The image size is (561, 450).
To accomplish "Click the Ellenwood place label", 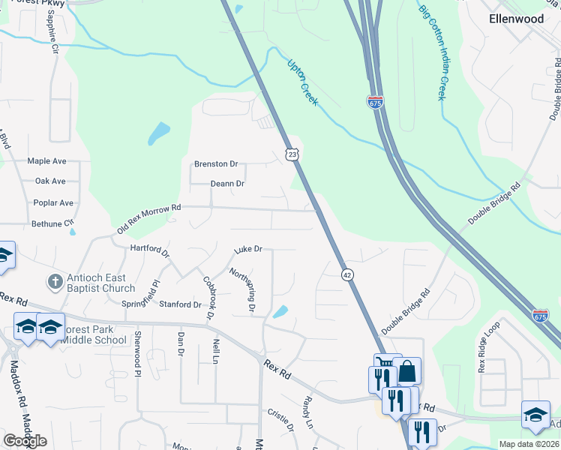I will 515,19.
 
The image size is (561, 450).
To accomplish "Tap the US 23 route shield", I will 292,154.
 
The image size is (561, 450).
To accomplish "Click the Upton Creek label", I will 302,82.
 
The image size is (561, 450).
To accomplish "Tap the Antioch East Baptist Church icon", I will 54,282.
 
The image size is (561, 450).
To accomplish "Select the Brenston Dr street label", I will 216,163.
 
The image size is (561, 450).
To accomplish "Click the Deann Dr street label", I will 227,183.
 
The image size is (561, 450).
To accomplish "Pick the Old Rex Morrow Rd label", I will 149,218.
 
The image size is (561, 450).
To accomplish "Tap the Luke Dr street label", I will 247,249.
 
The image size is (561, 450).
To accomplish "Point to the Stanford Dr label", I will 181,304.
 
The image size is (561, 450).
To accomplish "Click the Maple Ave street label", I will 47,160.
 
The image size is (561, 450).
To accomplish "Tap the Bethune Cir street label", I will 52,223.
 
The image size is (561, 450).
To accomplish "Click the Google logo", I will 25,440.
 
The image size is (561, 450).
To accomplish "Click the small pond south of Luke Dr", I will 280,311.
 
